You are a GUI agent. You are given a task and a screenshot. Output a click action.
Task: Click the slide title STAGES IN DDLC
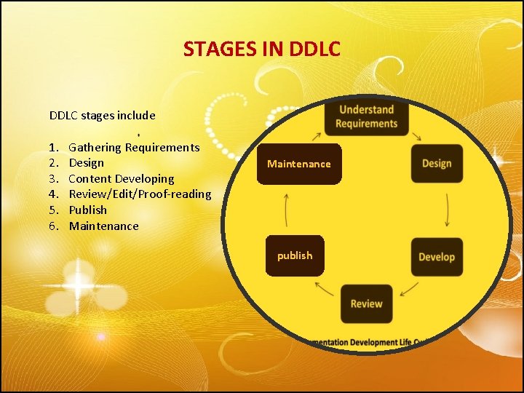[261, 49]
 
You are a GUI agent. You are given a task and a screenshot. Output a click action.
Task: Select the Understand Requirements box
[366, 116]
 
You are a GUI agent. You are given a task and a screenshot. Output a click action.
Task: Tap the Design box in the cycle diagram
[437, 164]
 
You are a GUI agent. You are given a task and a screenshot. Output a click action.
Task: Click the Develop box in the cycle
[437, 257]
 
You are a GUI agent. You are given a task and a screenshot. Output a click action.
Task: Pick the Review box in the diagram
[366, 303]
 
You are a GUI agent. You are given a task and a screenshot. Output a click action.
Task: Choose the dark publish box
[294, 255]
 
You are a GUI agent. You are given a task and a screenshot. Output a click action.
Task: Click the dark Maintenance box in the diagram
[298, 164]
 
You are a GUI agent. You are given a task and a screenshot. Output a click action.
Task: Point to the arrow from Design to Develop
[447, 210]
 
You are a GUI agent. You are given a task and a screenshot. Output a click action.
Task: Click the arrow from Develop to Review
[409, 289]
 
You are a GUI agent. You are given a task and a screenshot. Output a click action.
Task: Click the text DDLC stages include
[102, 115]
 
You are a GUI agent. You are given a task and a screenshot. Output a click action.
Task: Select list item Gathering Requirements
[134, 148]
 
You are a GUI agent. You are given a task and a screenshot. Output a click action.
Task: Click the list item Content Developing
[122, 178]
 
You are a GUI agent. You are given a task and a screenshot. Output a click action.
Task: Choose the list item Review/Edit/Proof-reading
[140, 194]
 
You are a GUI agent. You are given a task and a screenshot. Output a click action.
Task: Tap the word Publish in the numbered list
[87, 210]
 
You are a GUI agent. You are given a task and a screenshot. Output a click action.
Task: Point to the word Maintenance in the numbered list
[103, 226]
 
